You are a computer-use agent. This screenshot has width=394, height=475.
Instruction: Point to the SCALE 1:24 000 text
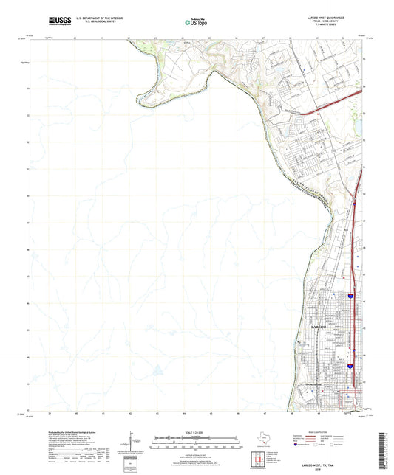tap(196, 432)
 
